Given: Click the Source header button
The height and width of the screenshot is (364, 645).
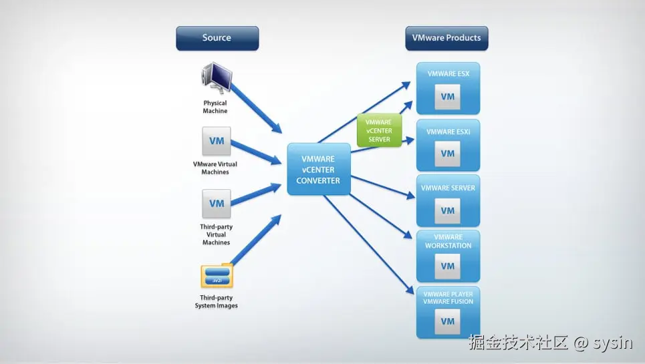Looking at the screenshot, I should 217,38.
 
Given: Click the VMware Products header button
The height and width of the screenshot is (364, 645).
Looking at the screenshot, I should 446,38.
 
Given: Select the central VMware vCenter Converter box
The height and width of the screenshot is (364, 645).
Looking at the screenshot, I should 319,170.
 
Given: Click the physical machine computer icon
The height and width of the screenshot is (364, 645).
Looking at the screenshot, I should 215,78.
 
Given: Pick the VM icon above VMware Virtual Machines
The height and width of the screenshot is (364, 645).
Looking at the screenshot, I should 216,142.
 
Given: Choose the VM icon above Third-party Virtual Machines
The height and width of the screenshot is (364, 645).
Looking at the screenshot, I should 216,204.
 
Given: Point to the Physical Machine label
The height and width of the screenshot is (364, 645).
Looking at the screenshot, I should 215,107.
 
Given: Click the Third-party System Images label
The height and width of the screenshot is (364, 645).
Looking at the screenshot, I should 216,302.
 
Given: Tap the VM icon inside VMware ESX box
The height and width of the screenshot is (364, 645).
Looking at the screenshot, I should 447,97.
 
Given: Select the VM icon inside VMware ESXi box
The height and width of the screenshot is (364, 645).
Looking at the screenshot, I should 447,154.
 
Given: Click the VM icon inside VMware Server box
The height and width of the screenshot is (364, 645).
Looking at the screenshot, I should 447,210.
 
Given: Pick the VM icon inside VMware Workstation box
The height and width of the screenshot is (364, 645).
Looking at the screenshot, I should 447,266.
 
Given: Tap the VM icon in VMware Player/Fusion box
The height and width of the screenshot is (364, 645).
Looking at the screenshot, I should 447,322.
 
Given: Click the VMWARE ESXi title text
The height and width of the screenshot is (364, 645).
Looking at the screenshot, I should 448,132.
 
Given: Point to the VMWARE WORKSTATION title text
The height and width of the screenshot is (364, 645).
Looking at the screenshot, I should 448,241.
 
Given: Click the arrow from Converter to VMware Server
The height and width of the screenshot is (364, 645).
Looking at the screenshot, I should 381,186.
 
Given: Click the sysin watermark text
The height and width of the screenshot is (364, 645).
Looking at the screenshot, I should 612,343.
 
